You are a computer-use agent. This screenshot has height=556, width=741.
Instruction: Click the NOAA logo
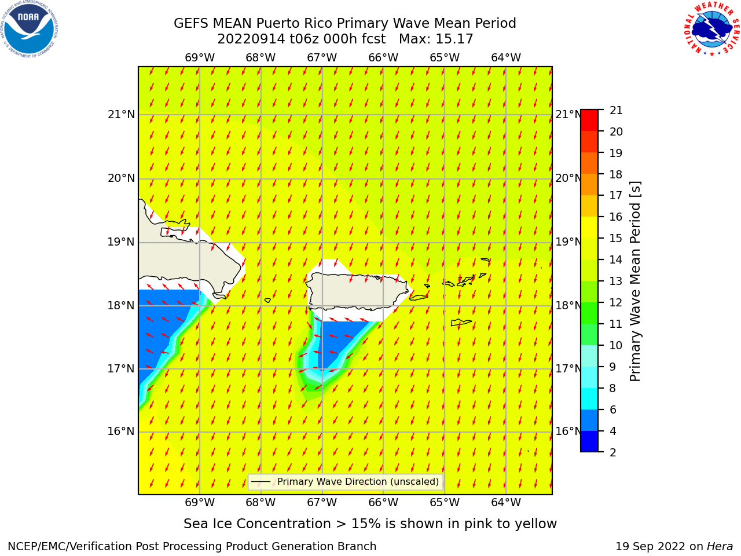(x=30, y=30)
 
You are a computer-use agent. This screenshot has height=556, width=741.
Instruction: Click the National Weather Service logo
(x=711, y=29)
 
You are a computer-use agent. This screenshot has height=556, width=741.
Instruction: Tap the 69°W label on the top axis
(x=200, y=58)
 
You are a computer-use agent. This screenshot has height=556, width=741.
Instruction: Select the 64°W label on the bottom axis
(x=506, y=503)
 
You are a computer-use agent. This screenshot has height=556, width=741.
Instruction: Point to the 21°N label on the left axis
(x=121, y=115)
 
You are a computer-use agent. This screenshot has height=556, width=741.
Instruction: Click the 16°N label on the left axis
(x=121, y=431)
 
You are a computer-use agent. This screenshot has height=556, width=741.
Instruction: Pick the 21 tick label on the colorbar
(x=616, y=111)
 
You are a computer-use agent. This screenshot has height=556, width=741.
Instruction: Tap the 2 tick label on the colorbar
(x=612, y=452)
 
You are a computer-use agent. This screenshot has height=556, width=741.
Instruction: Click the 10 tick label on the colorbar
(x=616, y=345)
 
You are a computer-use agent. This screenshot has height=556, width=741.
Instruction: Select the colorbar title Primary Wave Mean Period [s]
(x=635, y=281)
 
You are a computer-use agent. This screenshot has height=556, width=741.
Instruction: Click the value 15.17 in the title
(x=454, y=39)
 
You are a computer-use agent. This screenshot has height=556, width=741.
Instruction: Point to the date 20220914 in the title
(x=251, y=39)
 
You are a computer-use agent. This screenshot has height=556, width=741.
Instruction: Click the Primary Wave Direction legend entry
(x=346, y=481)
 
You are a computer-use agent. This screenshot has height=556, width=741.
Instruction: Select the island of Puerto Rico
(x=358, y=292)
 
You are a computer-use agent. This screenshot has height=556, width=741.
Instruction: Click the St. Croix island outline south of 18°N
(x=461, y=323)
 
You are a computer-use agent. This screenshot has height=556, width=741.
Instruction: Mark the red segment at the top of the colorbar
(x=589, y=120)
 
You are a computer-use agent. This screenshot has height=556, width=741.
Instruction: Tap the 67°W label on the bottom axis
(x=322, y=503)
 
